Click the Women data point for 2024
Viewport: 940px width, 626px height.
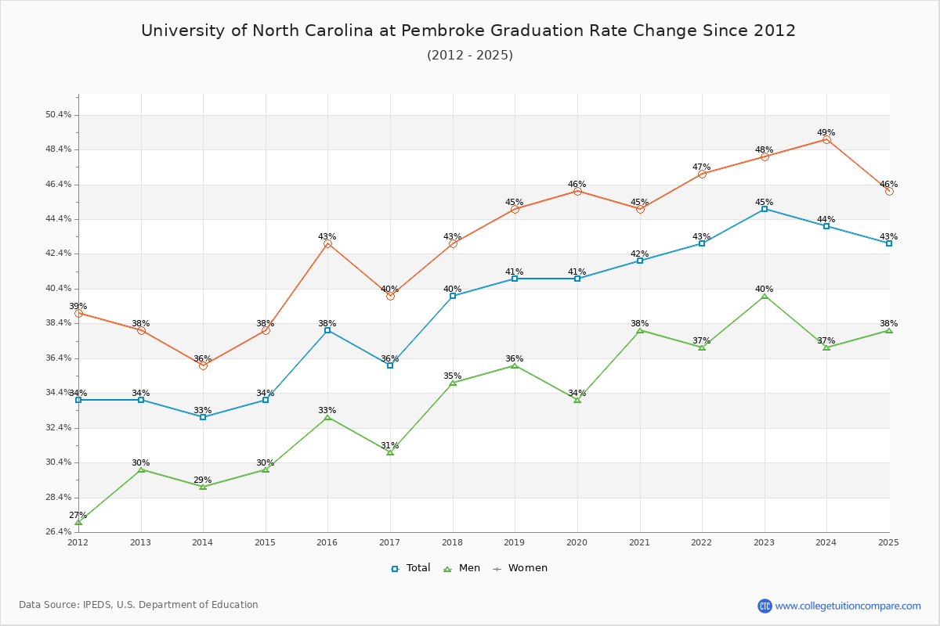click(826, 139)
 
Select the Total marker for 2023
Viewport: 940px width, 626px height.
click(765, 209)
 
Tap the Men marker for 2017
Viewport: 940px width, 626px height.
click(390, 452)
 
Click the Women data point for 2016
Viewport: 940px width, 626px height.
click(327, 244)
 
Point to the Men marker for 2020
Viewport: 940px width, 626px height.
click(577, 400)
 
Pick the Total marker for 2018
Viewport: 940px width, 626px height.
click(453, 296)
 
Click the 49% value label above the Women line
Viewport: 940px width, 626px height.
click(826, 133)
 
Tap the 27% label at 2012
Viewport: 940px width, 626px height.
click(78, 516)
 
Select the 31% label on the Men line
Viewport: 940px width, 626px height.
click(390, 446)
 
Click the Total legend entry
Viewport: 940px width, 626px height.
click(411, 568)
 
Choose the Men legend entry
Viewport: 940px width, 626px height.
click(464, 568)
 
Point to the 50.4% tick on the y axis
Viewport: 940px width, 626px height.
click(59, 115)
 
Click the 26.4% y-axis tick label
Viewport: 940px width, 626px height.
click(59, 532)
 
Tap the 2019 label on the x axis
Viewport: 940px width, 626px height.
click(515, 541)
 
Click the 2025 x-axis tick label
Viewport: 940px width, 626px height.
click(888, 541)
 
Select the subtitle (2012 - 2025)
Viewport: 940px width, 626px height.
click(470, 56)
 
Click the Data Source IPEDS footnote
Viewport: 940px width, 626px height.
click(139, 605)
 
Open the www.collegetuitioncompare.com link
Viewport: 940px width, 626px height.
click(848, 606)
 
